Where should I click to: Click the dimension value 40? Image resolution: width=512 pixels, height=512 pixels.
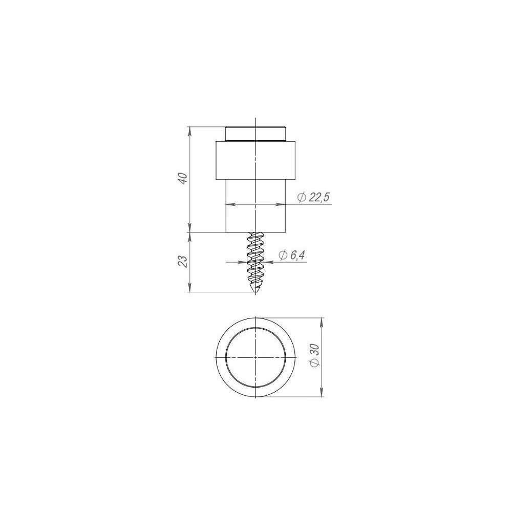pyautogui.click(x=184, y=178)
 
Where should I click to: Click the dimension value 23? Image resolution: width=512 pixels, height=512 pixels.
pyautogui.click(x=184, y=261)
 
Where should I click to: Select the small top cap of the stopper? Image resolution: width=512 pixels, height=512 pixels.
pyautogui.click(x=255, y=134)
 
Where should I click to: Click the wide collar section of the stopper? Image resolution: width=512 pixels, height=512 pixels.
pyautogui.click(x=255, y=160)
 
